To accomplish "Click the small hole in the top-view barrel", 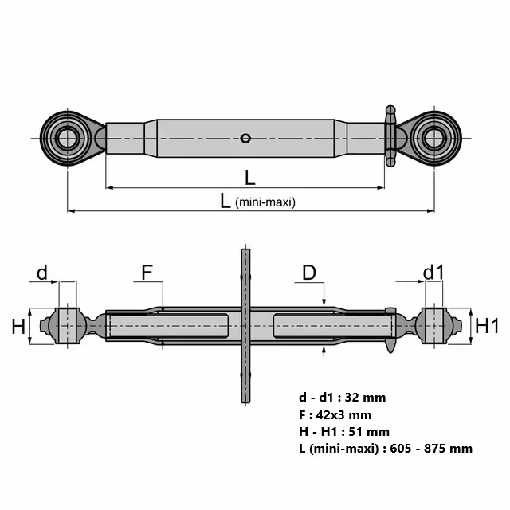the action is (x=245, y=139).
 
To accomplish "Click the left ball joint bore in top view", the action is (x=67, y=139).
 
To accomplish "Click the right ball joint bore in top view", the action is (x=434, y=139).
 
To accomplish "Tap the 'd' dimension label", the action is (x=42, y=273).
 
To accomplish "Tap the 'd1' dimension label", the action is (x=433, y=273).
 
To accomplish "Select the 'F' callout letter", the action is (x=147, y=273).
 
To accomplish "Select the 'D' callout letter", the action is (x=309, y=273).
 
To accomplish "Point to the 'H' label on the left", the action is (x=18, y=327).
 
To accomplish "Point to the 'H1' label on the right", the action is (x=487, y=326).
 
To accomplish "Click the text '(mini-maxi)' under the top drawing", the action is (x=265, y=202).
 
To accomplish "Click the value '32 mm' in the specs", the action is (x=365, y=398).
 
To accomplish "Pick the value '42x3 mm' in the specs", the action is (x=343, y=415).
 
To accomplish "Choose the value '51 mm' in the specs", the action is (x=369, y=432).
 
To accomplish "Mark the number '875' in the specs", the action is (x=434, y=449).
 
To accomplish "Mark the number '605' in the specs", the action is (x=401, y=449).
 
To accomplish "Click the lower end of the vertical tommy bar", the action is (x=245, y=402).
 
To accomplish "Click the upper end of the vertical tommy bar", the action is (x=245, y=249).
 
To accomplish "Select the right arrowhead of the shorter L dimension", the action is (x=381, y=188).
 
